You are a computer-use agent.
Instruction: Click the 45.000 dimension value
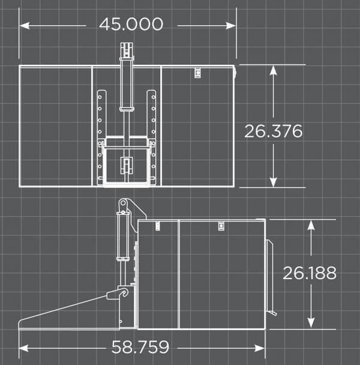[131, 24]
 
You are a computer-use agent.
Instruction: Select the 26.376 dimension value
[273, 131]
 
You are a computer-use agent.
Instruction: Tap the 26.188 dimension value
[310, 273]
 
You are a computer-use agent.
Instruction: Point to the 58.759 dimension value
[140, 347]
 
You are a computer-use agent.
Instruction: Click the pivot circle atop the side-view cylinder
[124, 204]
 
